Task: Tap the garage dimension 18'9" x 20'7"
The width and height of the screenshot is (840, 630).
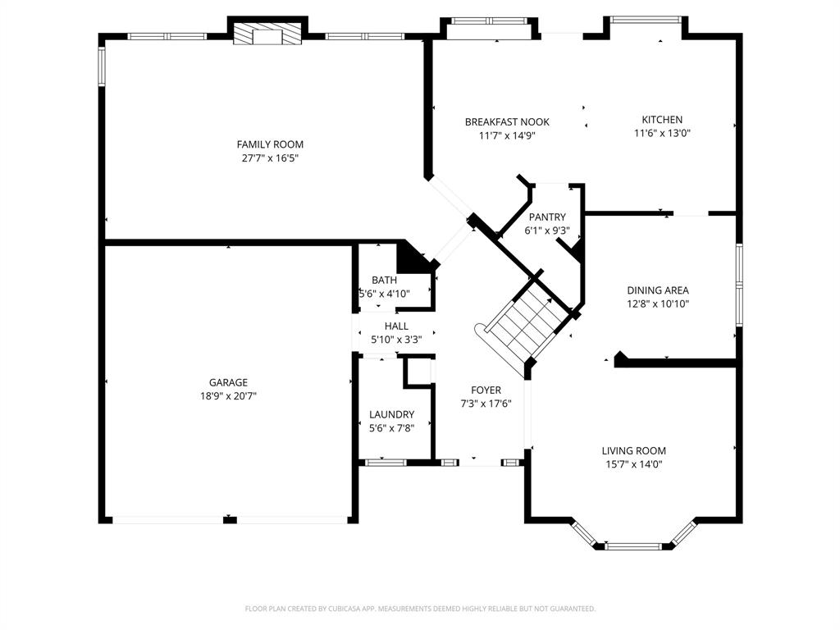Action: tap(227, 395)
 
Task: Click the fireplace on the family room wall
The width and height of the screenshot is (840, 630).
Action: tap(268, 35)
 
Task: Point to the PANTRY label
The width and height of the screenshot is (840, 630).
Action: tap(547, 217)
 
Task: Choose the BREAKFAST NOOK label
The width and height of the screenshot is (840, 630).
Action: tap(507, 122)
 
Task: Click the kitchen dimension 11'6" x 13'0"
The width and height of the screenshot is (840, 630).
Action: tap(662, 133)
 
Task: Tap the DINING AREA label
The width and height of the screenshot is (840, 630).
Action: tap(657, 290)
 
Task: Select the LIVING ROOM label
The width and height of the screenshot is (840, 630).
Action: tap(633, 450)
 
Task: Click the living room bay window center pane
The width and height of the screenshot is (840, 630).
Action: tap(633, 546)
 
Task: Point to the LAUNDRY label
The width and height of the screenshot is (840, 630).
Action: tap(391, 414)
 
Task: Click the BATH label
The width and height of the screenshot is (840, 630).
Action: tap(384, 280)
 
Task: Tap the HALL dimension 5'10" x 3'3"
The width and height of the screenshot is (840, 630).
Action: tap(396, 339)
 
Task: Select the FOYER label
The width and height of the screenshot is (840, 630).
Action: tap(486, 390)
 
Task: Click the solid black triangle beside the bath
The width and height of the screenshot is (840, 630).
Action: tap(413, 258)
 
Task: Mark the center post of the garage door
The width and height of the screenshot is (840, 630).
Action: tap(230, 519)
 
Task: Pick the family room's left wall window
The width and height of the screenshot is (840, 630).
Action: tap(103, 66)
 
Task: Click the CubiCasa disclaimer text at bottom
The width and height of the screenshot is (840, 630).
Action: tap(420, 609)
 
